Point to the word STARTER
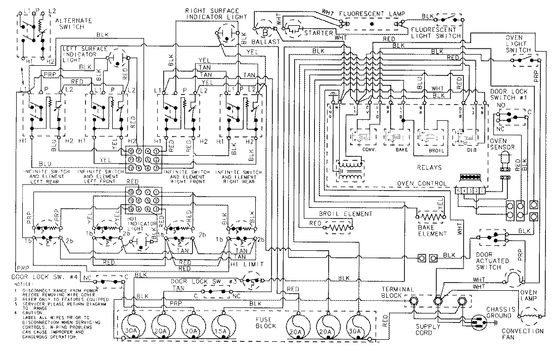coord(318,33)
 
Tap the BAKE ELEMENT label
coord(432,231)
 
